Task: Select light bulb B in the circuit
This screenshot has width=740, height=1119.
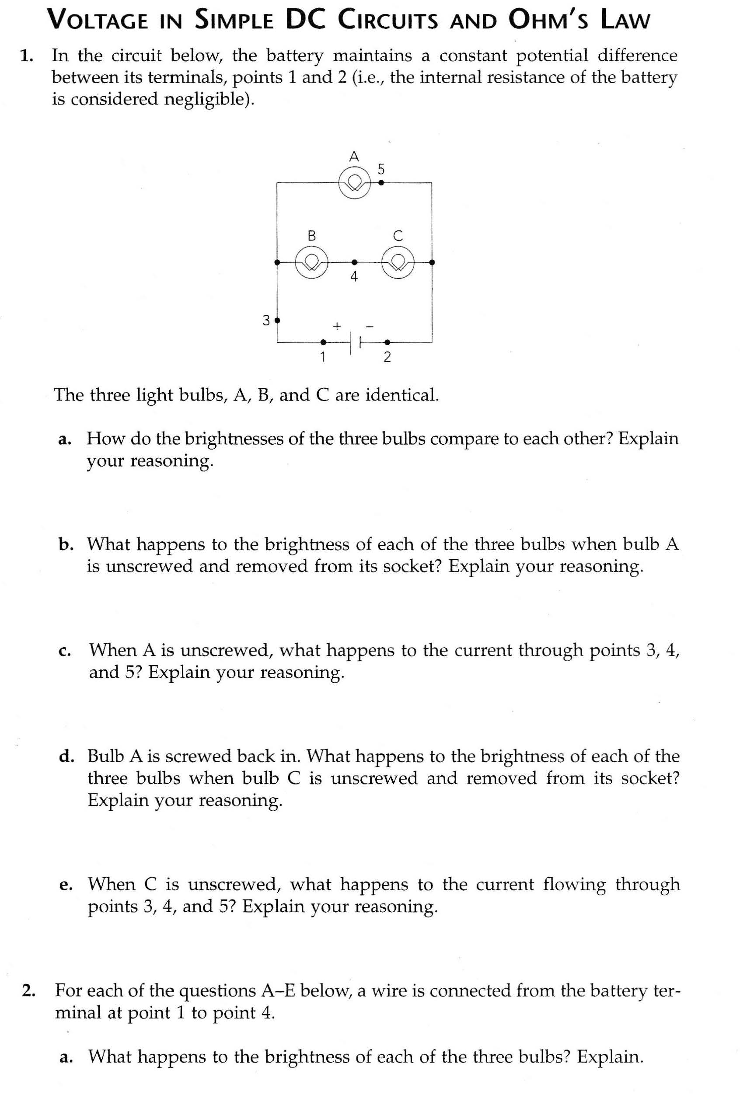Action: coord(311,262)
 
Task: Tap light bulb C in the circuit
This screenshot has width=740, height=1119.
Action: coord(398,262)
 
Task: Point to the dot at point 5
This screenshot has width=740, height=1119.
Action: coord(381,183)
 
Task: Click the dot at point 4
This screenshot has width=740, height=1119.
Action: coord(354,262)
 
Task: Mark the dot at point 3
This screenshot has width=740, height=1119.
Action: coord(277,321)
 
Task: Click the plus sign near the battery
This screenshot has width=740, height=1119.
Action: coord(336,325)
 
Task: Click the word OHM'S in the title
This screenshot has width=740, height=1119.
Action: coord(547,20)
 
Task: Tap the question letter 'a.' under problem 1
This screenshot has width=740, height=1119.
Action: coord(65,439)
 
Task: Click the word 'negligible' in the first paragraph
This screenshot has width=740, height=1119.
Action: coord(204,99)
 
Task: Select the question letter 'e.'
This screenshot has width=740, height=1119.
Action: coord(66,885)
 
